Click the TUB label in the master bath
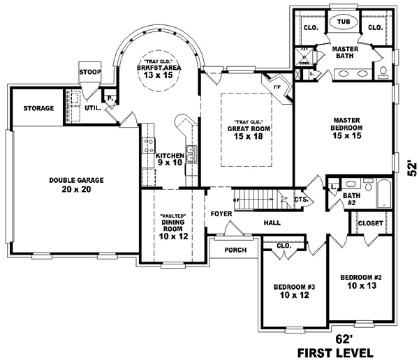tap(343, 22)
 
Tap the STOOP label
tap(89, 72)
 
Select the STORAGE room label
tap(38, 108)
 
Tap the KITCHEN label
tap(169, 155)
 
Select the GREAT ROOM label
tap(249, 129)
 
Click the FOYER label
tap(221, 213)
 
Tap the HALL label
tap(272, 223)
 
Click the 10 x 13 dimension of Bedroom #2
tap(360, 286)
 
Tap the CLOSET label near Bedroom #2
tap(370, 223)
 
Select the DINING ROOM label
tap(172, 224)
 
